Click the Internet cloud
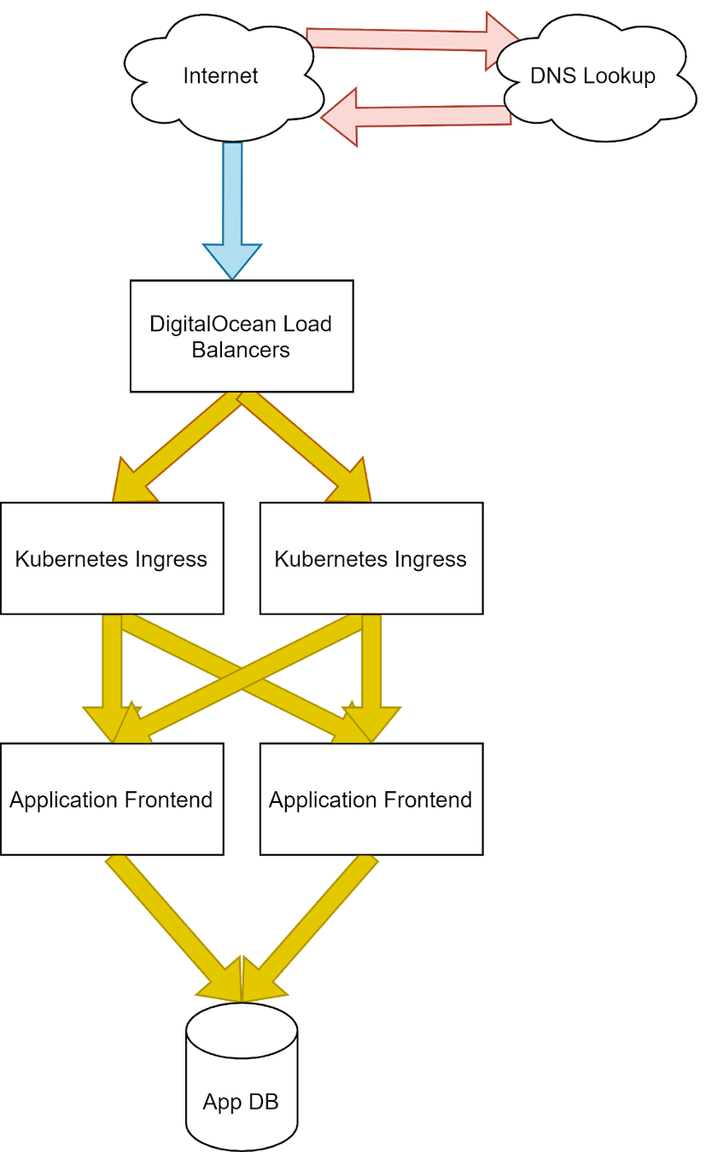(x=220, y=76)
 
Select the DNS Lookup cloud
(x=592, y=76)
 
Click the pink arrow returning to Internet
(x=418, y=115)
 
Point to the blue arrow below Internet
(x=232, y=205)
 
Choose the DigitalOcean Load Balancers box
(x=242, y=336)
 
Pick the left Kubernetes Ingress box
(x=111, y=559)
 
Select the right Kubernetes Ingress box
(x=371, y=559)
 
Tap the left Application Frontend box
(x=111, y=800)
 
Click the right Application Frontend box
(x=371, y=800)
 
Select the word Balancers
(x=241, y=350)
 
